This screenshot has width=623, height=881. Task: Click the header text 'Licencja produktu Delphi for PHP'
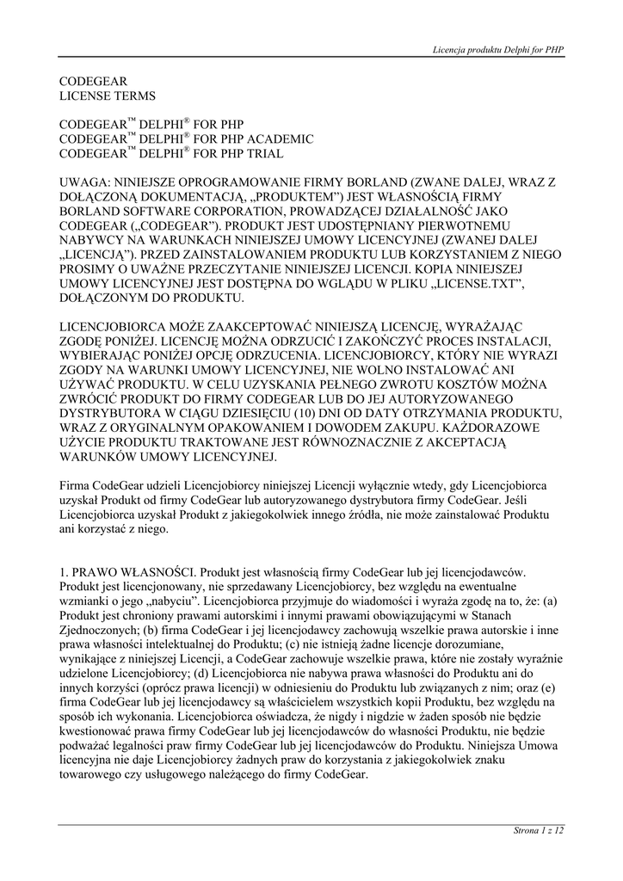497,51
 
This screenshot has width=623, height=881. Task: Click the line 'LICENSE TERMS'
108,95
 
